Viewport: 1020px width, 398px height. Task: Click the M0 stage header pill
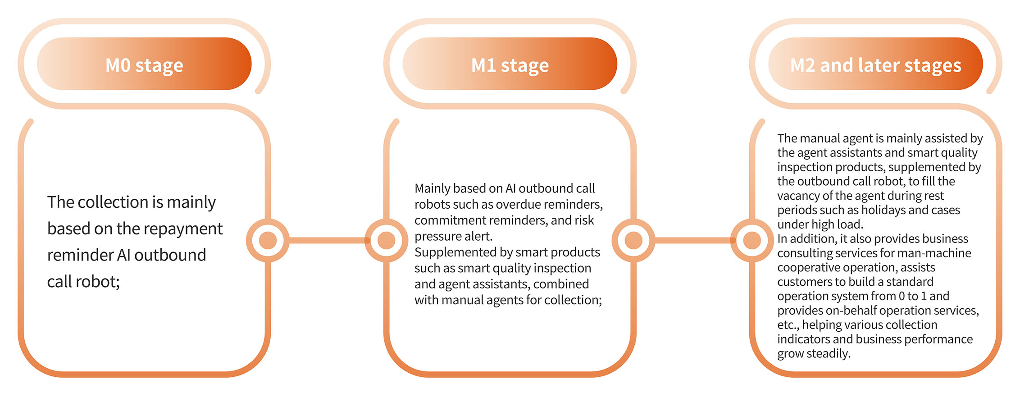(144, 64)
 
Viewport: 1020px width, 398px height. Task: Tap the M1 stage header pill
(510, 64)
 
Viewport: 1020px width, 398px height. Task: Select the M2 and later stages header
(875, 64)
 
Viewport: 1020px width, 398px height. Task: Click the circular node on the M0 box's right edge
(268, 240)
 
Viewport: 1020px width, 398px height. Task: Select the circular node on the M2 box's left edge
(751, 240)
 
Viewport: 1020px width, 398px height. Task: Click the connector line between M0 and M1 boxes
(327, 240)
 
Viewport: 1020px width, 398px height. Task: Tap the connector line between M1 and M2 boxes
(692, 240)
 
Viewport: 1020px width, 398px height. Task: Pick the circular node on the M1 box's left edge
(386, 240)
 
